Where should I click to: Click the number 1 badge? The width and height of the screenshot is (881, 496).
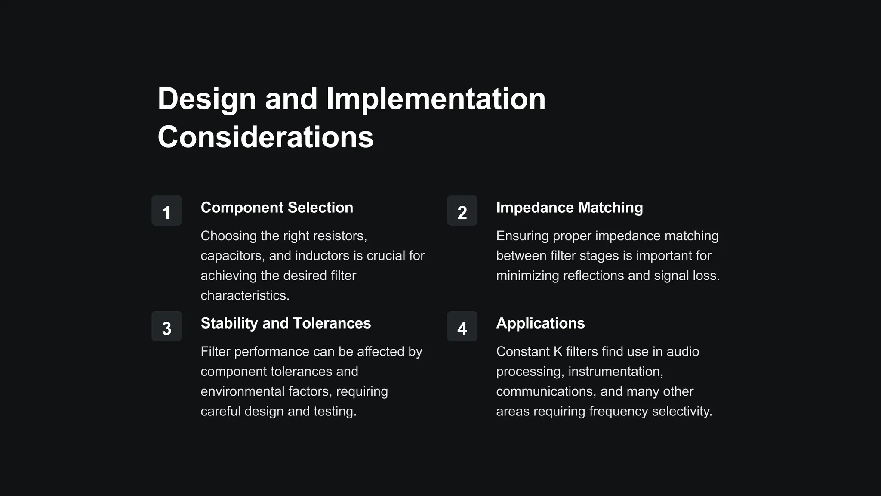pos(166,211)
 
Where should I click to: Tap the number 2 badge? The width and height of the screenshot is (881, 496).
pos(462,211)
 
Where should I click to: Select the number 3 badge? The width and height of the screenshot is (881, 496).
pos(166,326)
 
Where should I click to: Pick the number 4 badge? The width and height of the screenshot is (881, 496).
pos(462,326)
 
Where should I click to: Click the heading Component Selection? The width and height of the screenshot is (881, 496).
pos(277,208)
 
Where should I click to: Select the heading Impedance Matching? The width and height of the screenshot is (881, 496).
pos(569,208)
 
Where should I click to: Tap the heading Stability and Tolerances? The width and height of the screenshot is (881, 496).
pos(286,323)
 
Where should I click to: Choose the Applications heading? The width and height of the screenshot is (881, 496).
pos(540,323)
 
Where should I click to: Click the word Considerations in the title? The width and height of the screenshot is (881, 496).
pos(265,137)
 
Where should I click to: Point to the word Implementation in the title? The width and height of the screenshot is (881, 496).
pos(436,99)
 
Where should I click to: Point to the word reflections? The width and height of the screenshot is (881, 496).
pos(593,276)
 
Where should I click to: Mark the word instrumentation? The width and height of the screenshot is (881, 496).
pos(615,372)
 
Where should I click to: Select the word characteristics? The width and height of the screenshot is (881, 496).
pos(245,295)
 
